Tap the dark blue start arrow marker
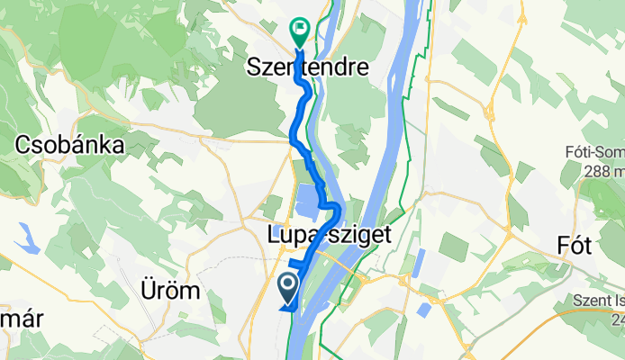coord(288,288)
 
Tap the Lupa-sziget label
coord(329,236)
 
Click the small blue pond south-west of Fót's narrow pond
coord(422,310)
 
